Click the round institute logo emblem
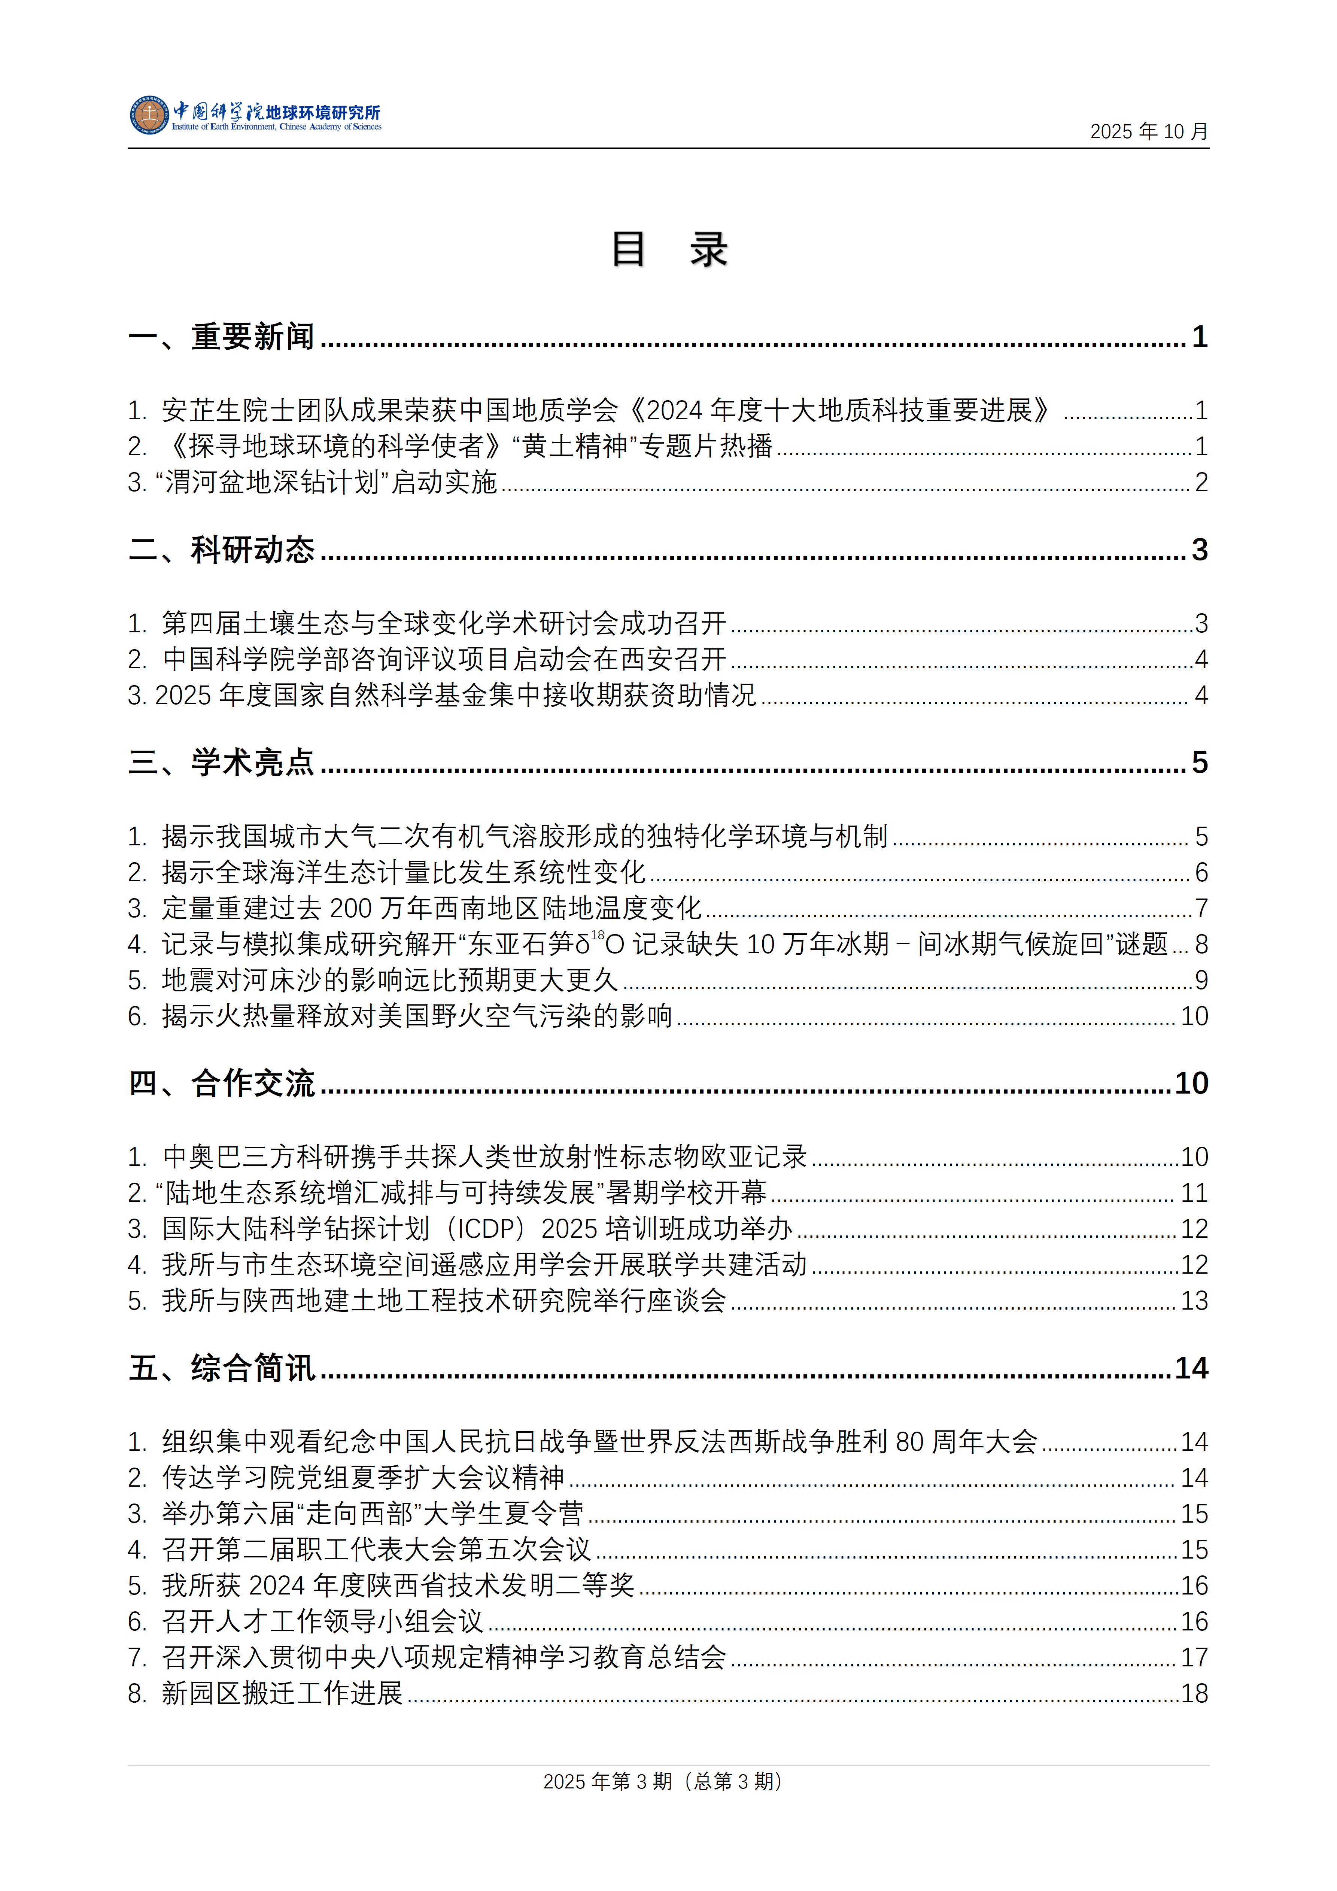pyautogui.click(x=149, y=115)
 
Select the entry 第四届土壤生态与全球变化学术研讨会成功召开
pyautogui.click(x=443, y=623)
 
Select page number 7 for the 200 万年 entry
pyautogui.click(x=1201, y=909)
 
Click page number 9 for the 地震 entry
pyautogui.click(x=1201, y=980)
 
